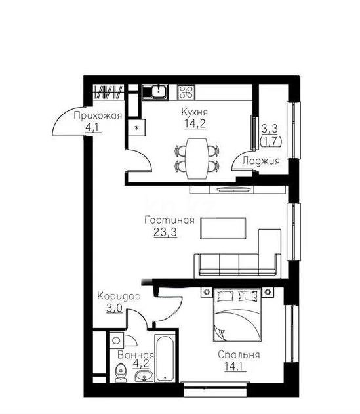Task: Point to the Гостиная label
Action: pyautogui.click(x=170, y=220)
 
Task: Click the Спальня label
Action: pyautogui.click(x=240, y=355)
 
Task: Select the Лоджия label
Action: pyautogui.click(x=261, y=161)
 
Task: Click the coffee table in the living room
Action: pyautogui.click(x=223, y=228)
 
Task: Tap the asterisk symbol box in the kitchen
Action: pyautogui.click(x=137, y=127)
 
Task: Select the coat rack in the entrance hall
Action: pyautogui.click(x=108, y=91)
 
